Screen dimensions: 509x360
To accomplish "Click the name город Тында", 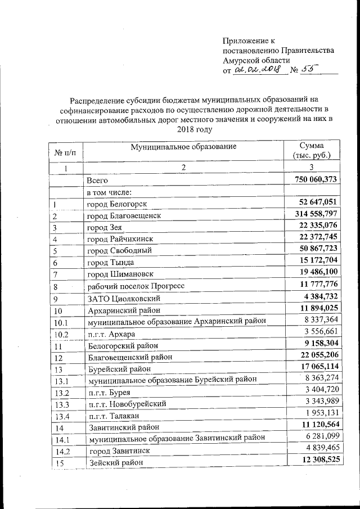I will point(112,262).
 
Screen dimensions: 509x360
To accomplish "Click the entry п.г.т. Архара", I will point(111,334).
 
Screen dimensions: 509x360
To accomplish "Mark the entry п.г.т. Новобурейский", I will point(127,403).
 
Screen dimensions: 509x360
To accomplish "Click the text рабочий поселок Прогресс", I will point(139,286).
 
